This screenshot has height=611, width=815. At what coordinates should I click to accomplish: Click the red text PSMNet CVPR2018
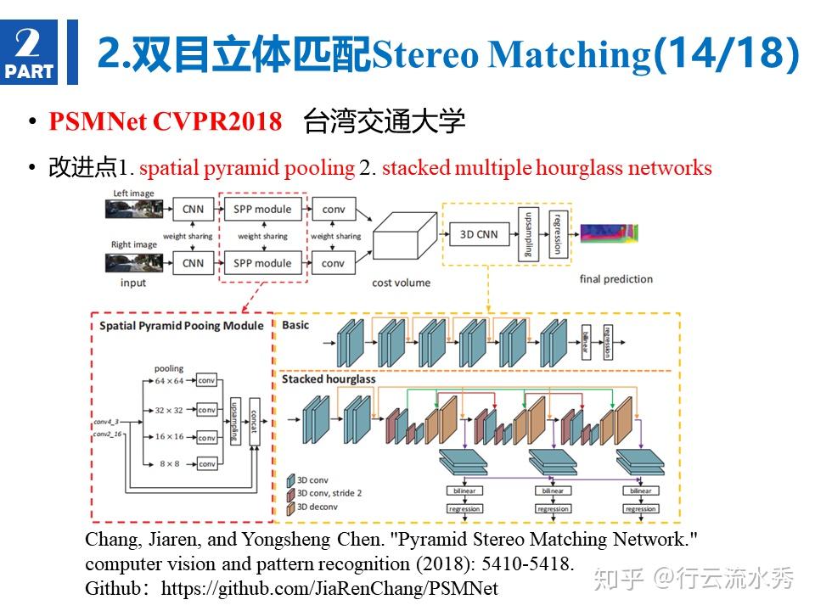coord(165,122)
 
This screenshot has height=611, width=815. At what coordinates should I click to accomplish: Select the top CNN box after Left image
coord(193,210)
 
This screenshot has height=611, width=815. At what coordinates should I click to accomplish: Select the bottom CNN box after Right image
coord(193,263)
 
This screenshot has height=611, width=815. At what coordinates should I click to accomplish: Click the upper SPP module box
coord(261,210)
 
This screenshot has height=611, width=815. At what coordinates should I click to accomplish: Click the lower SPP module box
coord(261,263)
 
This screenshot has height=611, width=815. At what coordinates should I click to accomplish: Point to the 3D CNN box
coord(479,233)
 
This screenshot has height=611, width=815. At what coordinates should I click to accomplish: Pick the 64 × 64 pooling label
coord(170,381)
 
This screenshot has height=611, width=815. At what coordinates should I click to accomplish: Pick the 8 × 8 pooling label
coord(170,463)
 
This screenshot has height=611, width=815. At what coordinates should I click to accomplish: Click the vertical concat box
coord(252,422)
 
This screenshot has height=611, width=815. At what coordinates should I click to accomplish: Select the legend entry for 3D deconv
coord(319,507)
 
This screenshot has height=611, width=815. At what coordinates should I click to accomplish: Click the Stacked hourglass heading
coord(328,378)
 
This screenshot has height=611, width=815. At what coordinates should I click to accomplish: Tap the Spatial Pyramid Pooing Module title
coord(182,326)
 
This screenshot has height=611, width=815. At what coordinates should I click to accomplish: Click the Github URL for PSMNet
coord(329,587)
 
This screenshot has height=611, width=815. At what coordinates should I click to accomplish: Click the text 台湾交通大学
coord(384,122)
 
